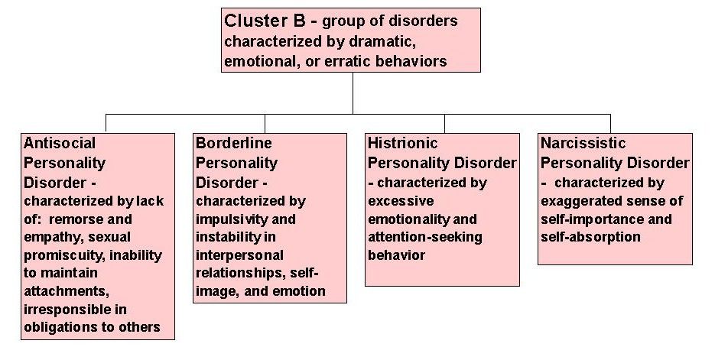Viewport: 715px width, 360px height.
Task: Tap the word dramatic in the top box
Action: pos(382,41)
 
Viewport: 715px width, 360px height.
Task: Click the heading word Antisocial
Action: pos(60,143)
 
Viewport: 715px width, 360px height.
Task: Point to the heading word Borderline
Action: pos(234,143)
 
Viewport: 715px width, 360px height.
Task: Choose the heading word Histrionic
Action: pos(403,143)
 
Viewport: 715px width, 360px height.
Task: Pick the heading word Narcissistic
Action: pos(583,143)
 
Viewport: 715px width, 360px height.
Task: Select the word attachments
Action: pos(67,290)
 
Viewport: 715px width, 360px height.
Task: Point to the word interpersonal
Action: pos(240,255)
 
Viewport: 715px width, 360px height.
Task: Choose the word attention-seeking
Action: pos(425,238)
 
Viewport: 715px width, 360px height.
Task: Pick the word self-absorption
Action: pos(591,238)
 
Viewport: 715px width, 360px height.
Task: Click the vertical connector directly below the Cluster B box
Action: pos(353,93)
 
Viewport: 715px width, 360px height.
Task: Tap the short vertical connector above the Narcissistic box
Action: pos(610,124)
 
